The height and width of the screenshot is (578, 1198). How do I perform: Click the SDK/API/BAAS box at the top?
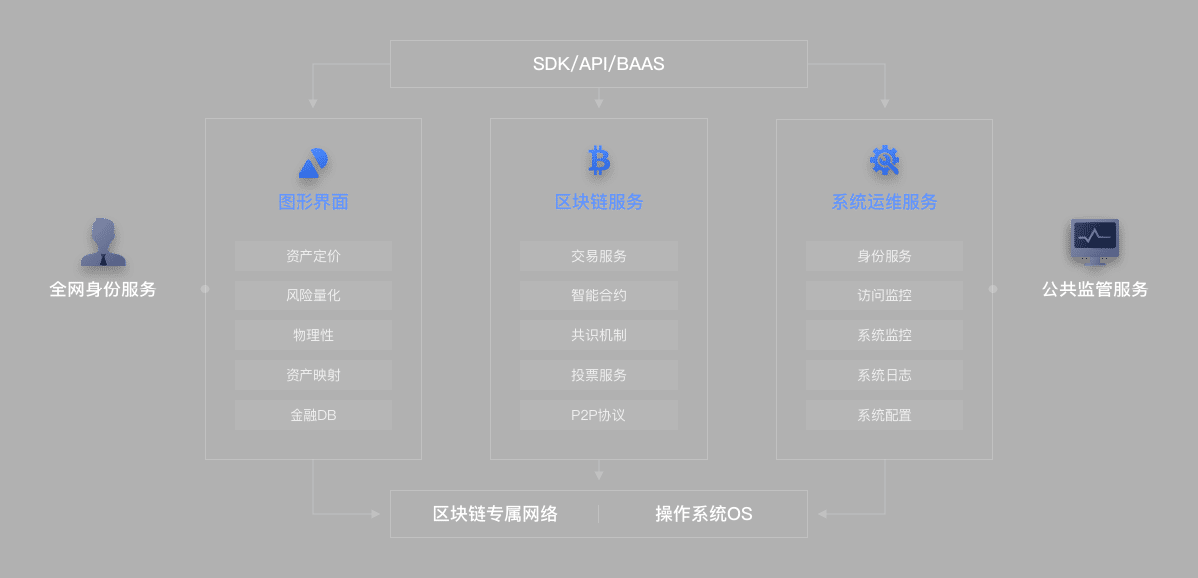point(598,64)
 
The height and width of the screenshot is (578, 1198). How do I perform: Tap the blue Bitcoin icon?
point(599,160)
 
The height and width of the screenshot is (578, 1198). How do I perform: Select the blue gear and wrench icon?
point(885,160)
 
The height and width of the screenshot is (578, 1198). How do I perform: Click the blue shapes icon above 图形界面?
point(313,163)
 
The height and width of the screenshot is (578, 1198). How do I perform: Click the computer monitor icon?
point(1095,242)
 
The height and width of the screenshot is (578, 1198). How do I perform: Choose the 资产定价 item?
point(313,256)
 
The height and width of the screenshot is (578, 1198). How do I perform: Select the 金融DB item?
point(313,415)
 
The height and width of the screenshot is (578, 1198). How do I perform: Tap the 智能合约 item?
point(599,295)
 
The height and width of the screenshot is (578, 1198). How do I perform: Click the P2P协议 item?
point(599,415)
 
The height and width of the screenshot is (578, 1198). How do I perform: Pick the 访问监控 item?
point(885,295)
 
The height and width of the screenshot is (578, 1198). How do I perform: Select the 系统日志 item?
point(885,375)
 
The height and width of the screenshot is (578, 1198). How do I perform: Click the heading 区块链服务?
point(599,202)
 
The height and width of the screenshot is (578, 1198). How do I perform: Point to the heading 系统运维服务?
point(885,202)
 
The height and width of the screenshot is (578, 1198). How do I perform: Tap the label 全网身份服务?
point(103,289)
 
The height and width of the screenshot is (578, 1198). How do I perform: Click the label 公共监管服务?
point(1095,289)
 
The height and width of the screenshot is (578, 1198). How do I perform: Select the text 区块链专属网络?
point(495,514)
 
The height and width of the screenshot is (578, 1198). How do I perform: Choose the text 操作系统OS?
point(703,514)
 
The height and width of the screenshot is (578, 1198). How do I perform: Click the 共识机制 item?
point(599,335)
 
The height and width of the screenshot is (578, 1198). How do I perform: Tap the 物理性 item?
point(313,335)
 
